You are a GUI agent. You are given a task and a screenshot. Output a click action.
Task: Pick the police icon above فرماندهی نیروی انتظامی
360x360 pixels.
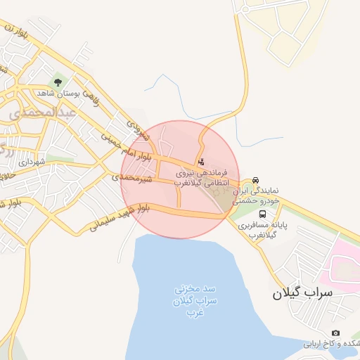click(202, 162)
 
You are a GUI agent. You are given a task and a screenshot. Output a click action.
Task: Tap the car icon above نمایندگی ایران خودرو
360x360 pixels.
click(256, 180)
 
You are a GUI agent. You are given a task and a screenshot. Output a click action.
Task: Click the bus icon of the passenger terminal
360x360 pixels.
click(262, 214)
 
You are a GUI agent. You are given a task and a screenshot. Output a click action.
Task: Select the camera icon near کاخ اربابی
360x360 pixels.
click(335, 333)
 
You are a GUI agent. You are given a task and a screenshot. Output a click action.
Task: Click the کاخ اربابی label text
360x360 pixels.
click(330, 345)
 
